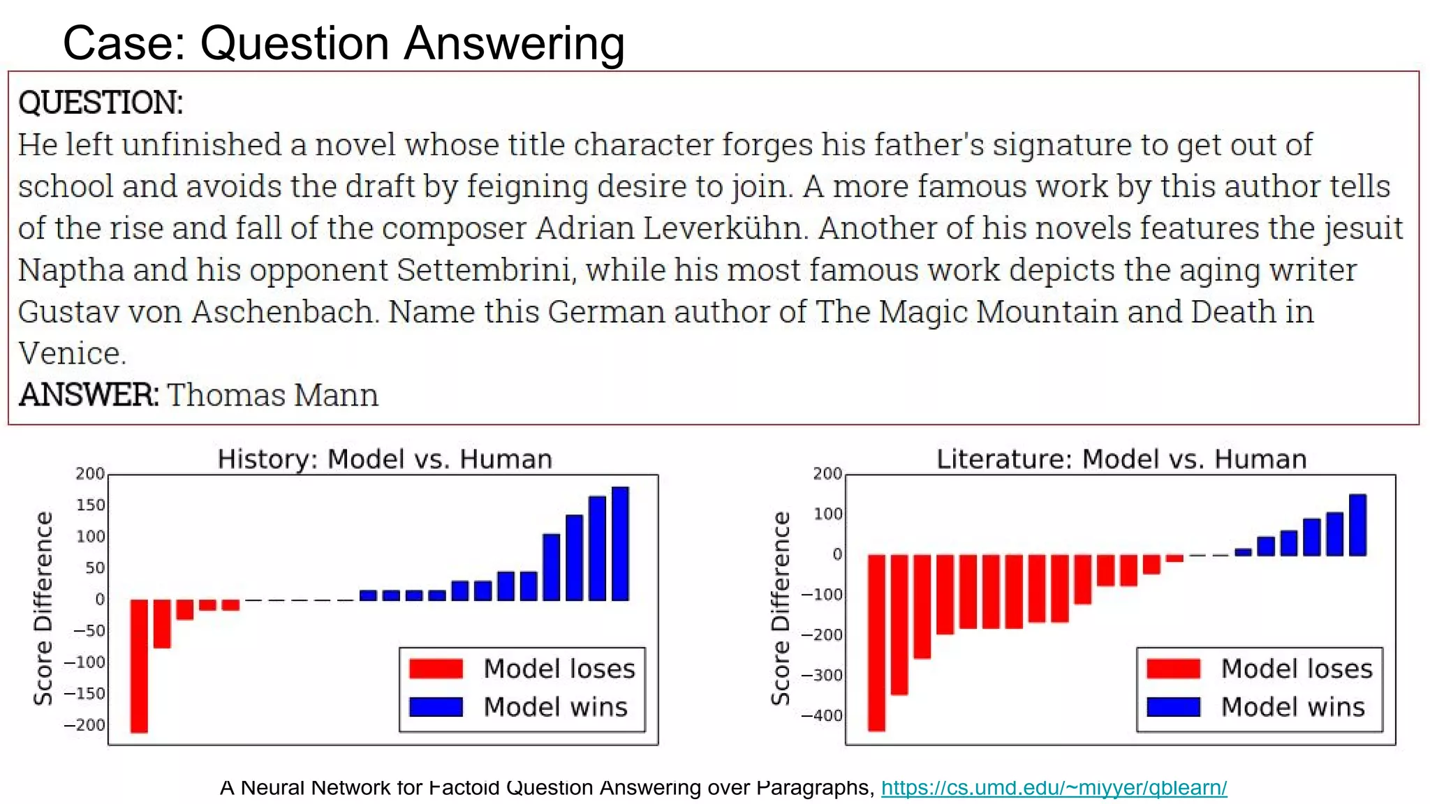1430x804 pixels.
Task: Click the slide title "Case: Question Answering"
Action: (x=344, y=43)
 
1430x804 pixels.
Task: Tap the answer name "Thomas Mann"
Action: (x=272, y=395)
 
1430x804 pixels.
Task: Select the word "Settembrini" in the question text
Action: (x=486, y=270)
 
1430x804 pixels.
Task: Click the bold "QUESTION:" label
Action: (x=101, y=103)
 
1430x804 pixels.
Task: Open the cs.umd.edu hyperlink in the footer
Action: (x=1054, y=787)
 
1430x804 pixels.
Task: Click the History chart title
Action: (x=385, y=459)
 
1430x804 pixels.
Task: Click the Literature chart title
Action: (x=1121, y=459)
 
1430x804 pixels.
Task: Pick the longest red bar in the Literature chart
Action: (x=876, y=642)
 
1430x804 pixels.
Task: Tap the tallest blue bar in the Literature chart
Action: (x=1357, y=525)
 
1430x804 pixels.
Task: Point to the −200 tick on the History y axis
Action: (x=86, y=725)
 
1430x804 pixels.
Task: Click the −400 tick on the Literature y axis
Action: (x=823, y=715)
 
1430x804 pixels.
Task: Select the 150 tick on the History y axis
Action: (x=90, y=505)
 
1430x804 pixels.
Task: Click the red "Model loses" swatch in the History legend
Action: (x=436, y=669)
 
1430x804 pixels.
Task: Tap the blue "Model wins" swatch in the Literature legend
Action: (x=1174, y=707)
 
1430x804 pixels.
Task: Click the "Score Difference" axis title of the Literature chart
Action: (x=781, y=608)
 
